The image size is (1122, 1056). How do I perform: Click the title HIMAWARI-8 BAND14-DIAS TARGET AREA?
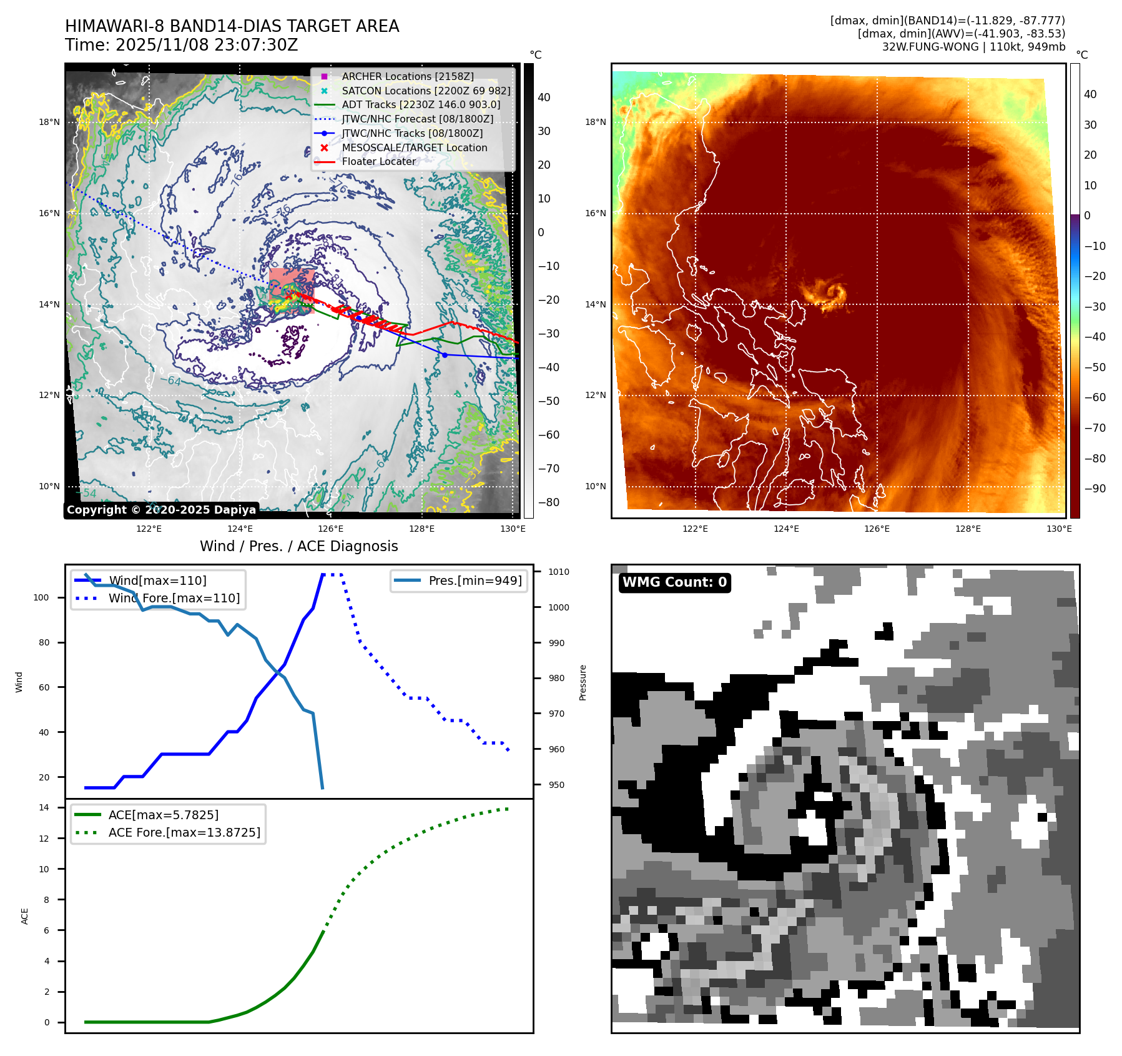[x=232, y=26]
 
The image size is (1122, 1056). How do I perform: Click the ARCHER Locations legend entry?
[x=407, y=76]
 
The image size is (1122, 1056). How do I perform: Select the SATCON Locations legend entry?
[x=425, y=91]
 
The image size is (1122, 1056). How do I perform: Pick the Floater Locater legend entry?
[x=378, y=161]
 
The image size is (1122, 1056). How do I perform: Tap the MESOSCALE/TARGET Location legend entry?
[x=414, y=147]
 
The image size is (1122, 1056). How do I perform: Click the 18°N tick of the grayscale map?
[x=49, y=122]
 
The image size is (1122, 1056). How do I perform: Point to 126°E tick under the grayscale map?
[x=330, y=529]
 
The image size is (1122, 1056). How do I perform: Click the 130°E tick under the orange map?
[x=1059, y=529]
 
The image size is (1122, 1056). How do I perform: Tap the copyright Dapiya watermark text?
[x=161, y=510]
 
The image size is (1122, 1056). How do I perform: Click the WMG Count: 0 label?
[x=674, y=582]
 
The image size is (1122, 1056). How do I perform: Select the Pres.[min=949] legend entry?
[x=475, y=580]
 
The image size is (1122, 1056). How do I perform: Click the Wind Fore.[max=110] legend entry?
[x=174, y=598]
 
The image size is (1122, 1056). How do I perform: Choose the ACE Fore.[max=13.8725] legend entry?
[x=184, y=832]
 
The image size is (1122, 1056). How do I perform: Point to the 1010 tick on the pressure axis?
[x=559, y=572]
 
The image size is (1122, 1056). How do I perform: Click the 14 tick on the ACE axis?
[x=44, y=807]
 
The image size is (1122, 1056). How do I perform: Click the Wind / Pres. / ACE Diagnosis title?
[x=298, y=546]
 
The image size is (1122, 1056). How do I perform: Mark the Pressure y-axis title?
[x=583, y=682]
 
